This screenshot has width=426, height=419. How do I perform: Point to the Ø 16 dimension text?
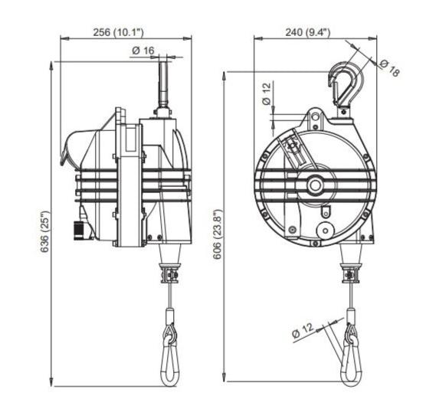click(143, 50)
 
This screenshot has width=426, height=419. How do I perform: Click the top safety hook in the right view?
click(339, 86)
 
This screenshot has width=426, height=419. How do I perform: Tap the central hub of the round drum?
click(316, 185)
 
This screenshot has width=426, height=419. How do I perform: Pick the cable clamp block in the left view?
click(168, 272)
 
